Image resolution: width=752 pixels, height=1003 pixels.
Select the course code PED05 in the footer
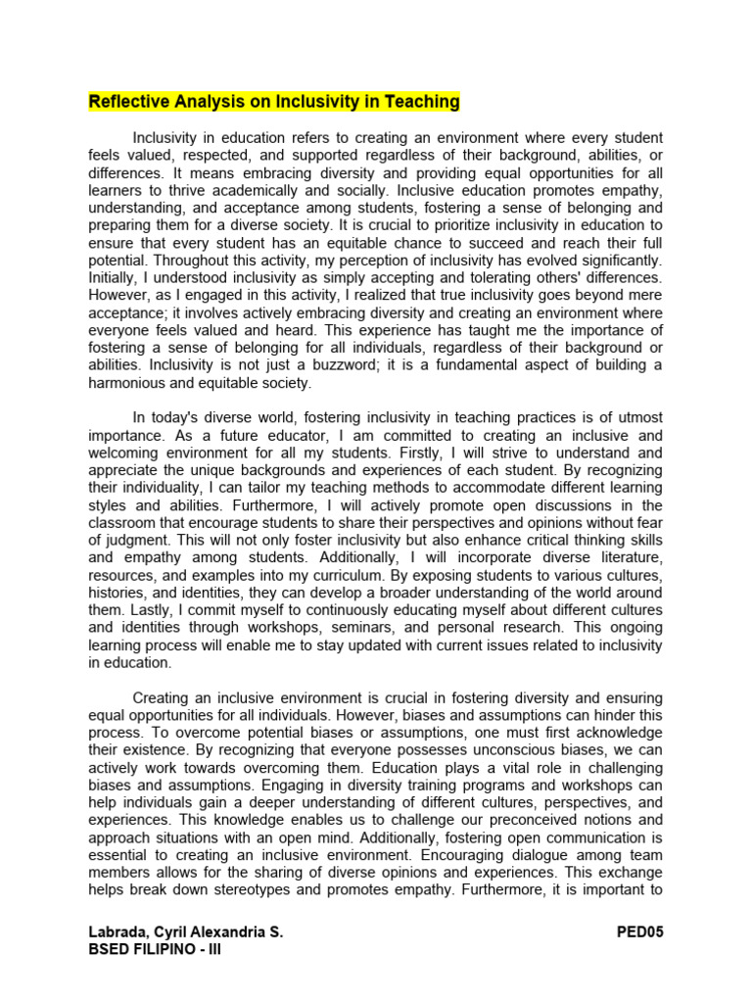click(639, 932)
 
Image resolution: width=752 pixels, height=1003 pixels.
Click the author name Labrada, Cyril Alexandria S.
click(186, 932)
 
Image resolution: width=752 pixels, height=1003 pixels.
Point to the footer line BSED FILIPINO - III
click(155, 949)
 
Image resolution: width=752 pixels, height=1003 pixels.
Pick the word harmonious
click(128, 382)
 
